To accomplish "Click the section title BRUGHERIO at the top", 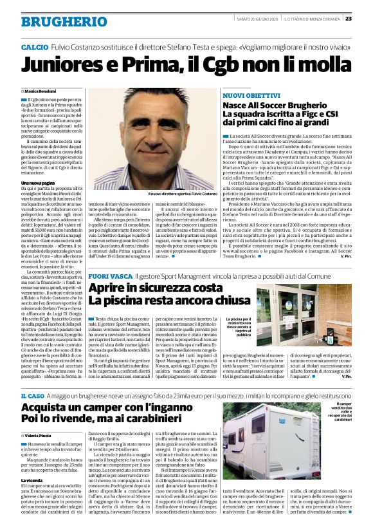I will pos(55,21).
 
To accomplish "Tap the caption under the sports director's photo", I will pos(183,193).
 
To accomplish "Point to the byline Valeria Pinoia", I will pos(42,418).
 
